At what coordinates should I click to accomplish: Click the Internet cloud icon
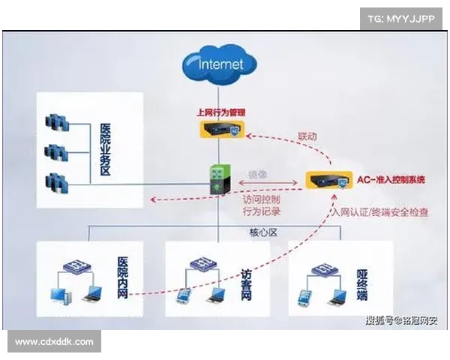[220, 64]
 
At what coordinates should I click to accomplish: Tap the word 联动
[307, 137]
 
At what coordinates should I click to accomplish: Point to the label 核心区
[263, 232]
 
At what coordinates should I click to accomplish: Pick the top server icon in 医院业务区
[55, 121]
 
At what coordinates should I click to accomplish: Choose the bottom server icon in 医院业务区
[55, 182]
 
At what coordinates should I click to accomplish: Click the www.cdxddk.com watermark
[54, 342]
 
